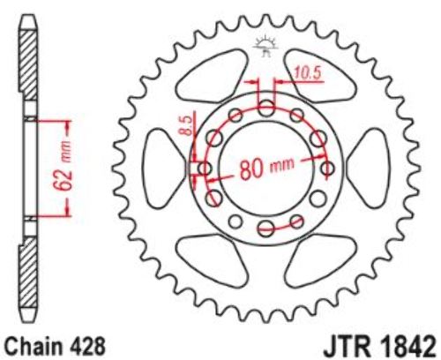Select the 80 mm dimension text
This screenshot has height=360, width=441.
[x=266, y=169]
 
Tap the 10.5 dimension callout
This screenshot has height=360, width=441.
[x=307, y=73]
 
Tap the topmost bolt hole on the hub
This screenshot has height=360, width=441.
[x=266, y=108]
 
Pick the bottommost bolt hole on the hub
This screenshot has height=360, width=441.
[x=266, y=228]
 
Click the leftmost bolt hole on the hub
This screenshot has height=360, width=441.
[x=205, y=169]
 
